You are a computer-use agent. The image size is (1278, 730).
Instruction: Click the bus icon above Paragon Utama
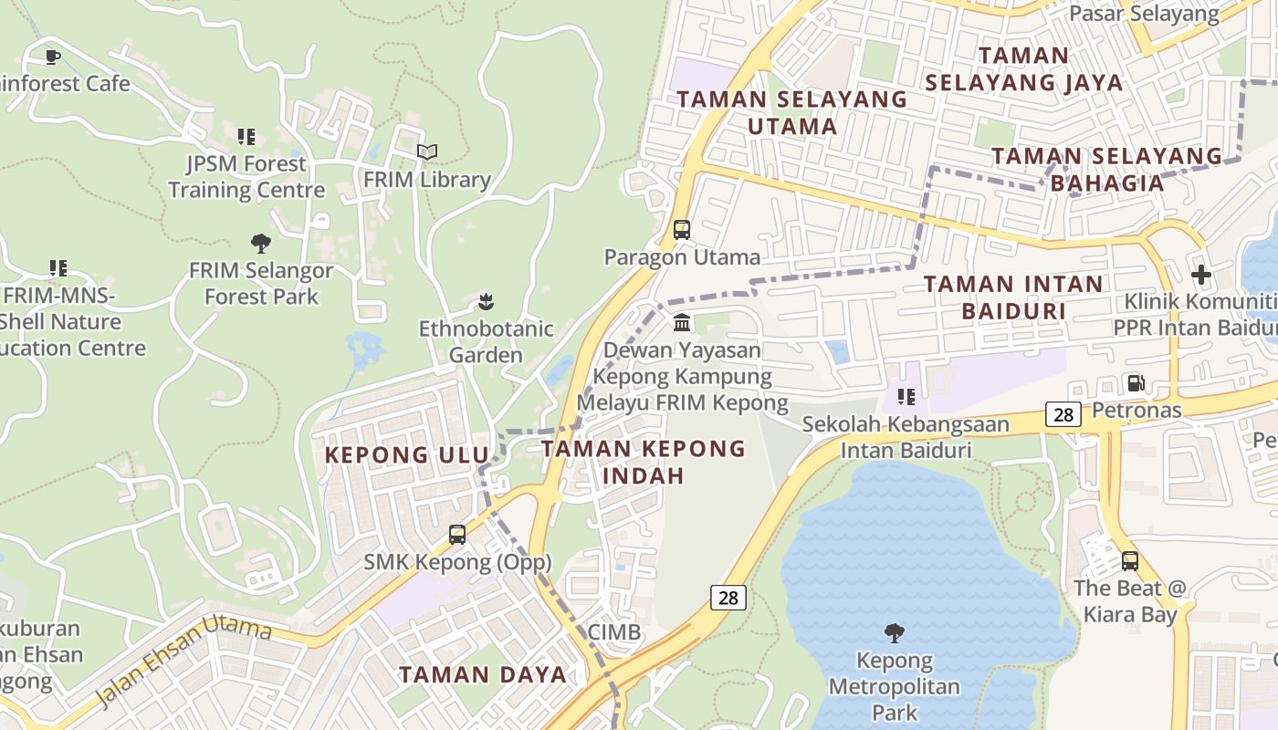[682, 230]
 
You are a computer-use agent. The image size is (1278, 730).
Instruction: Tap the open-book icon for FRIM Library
[427, 151]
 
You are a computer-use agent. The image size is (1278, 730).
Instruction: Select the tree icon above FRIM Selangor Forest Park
[261, 244]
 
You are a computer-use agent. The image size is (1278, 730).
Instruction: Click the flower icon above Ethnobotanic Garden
[487, 301]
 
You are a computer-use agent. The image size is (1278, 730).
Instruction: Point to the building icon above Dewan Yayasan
[682, 322]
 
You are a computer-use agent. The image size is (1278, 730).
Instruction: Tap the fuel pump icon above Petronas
[1137, 383]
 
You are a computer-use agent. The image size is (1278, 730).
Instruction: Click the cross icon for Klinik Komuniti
[1201, 274]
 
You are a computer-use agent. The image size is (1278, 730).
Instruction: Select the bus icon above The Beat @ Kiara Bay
[1130, 561]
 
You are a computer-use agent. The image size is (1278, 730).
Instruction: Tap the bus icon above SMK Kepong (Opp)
[457, 535]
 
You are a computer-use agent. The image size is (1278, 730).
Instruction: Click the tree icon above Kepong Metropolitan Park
[895, 632]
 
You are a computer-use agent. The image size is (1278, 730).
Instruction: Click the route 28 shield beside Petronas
[1063, 415]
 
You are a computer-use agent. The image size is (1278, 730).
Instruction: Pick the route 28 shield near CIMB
[728, 598]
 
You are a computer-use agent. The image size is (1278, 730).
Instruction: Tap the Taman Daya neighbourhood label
[483, 675]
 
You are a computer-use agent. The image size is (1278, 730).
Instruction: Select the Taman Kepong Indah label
[644, 462]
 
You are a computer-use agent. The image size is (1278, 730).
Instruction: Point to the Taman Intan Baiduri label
[1013, 297]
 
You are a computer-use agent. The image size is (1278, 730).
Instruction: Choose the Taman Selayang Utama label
[792, 112]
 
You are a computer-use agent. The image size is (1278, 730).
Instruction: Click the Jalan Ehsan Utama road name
[183, 661]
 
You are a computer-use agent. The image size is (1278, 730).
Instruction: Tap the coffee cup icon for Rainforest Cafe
[54, 57]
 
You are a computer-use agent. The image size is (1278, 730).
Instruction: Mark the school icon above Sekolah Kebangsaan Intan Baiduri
[906, 396]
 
